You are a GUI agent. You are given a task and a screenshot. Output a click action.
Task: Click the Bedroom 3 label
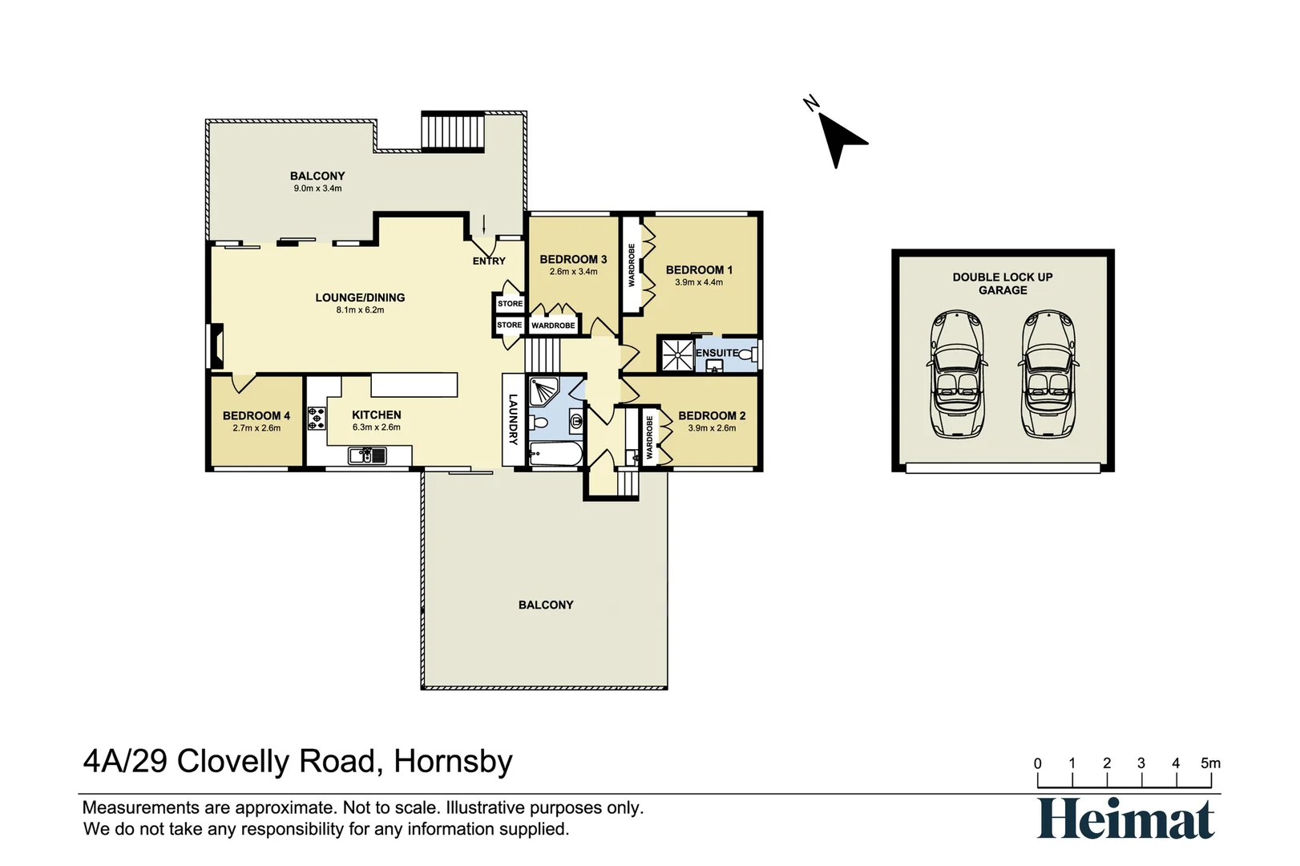(x=573, y=259)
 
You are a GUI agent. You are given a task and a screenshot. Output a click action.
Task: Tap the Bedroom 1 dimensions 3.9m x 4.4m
(x=699, y=282)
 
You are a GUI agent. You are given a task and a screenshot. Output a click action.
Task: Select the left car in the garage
(x=956, y=374)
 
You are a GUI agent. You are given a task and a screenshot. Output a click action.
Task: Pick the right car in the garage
(x=1048, y=374)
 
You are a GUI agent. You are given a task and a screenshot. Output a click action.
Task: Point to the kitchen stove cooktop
(x=317, y=417)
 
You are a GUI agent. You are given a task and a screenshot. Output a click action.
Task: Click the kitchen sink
(x=367, y=455)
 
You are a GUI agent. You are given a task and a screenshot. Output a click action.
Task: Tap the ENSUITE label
(x=717, y=353)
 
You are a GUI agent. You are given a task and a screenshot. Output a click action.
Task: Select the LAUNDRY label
(x=513, y=419)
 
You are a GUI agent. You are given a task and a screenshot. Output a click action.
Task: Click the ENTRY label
(x=489, y=261)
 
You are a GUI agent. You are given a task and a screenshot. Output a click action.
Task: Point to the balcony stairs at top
(x=454, y=131)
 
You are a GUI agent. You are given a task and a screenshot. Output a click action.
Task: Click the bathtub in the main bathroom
(x=555, y=455)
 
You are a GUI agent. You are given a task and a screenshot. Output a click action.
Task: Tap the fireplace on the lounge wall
(x=215, y=346)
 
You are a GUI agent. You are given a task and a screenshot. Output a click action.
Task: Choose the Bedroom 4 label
(x=256, y=415)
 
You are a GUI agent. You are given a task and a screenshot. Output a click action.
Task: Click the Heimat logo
(x=1126, y=819)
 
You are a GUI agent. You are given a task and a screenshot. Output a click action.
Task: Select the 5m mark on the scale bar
(x=1210, y=763)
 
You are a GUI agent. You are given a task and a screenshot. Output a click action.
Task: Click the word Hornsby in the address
(x=453, y=761)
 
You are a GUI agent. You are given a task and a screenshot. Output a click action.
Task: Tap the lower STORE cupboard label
(x=509, y=325)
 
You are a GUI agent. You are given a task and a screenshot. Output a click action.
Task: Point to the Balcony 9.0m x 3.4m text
(x=317, y=188)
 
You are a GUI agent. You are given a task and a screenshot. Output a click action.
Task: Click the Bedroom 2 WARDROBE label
(x=650, y=436)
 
